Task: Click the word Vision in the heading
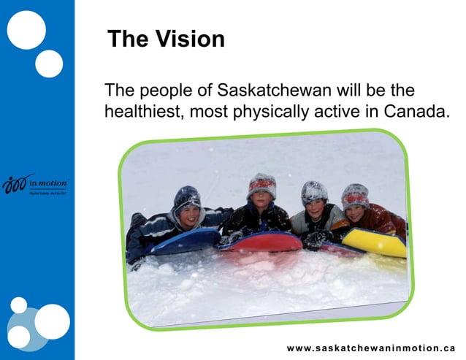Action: (x=188, y=39)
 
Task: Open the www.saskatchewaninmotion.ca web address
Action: (x=370, y=348)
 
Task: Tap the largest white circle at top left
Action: (x=26, y=30)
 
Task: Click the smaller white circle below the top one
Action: (x=49, y=64)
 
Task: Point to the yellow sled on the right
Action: (x=375, y=242)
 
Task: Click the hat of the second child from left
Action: (x=261, y=185)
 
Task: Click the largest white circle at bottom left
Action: (x=52, y=321)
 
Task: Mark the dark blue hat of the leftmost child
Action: (x=187, y=196)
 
